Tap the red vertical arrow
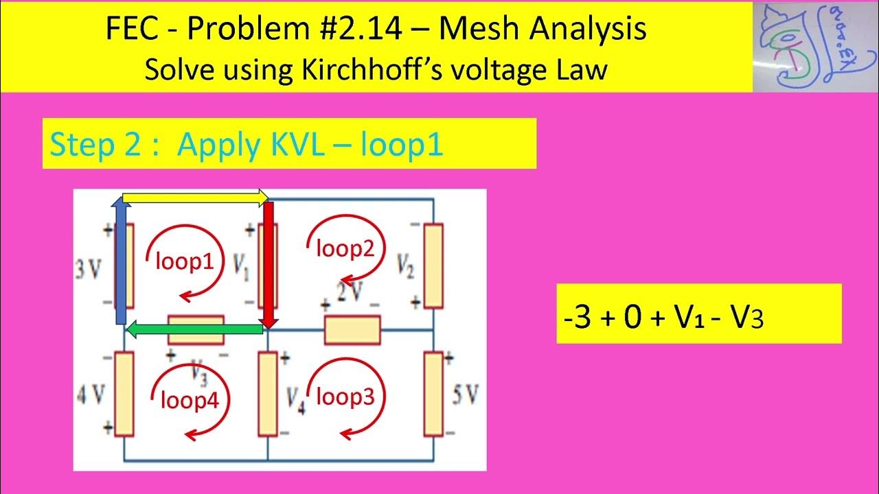(268, 264)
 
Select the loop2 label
(345, 250)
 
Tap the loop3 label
(345, 397)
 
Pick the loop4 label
(190, 400)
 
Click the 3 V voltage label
(89, 267)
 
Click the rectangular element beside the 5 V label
(433, 394)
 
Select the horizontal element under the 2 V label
(352, 329)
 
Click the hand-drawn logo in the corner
(814, 46)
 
